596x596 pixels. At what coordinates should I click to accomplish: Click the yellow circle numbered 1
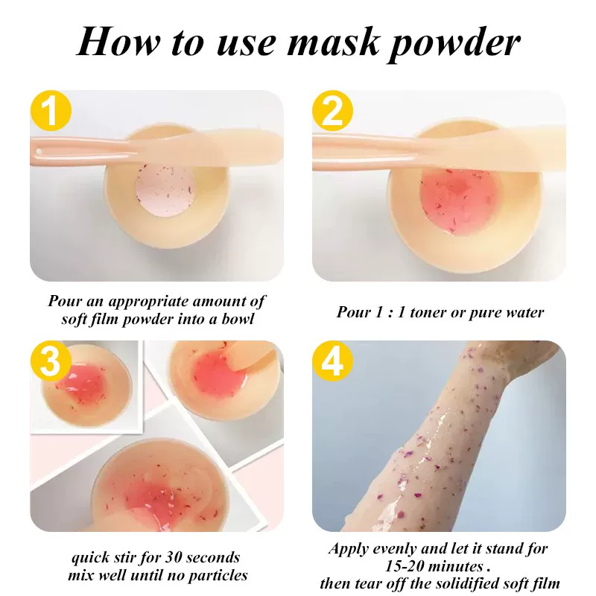[51, 110]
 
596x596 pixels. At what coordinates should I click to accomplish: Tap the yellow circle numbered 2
[332, 110]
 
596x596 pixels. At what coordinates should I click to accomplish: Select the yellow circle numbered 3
[51, 361]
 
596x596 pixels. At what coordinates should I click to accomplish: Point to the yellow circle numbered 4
[332, 361]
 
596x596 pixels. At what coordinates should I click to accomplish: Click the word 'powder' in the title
[455, 44]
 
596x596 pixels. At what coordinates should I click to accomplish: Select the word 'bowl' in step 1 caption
[238, 319]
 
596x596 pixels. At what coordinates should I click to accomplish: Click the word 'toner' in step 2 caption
[427, 312]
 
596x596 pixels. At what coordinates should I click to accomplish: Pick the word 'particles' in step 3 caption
[218, 576]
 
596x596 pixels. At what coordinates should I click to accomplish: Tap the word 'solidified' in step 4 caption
[468, 583]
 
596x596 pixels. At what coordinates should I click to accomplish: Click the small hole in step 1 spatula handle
[39, 152]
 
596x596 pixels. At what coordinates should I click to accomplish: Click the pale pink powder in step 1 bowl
[165, 191]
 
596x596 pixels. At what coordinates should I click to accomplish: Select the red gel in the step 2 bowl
[459, 200]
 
